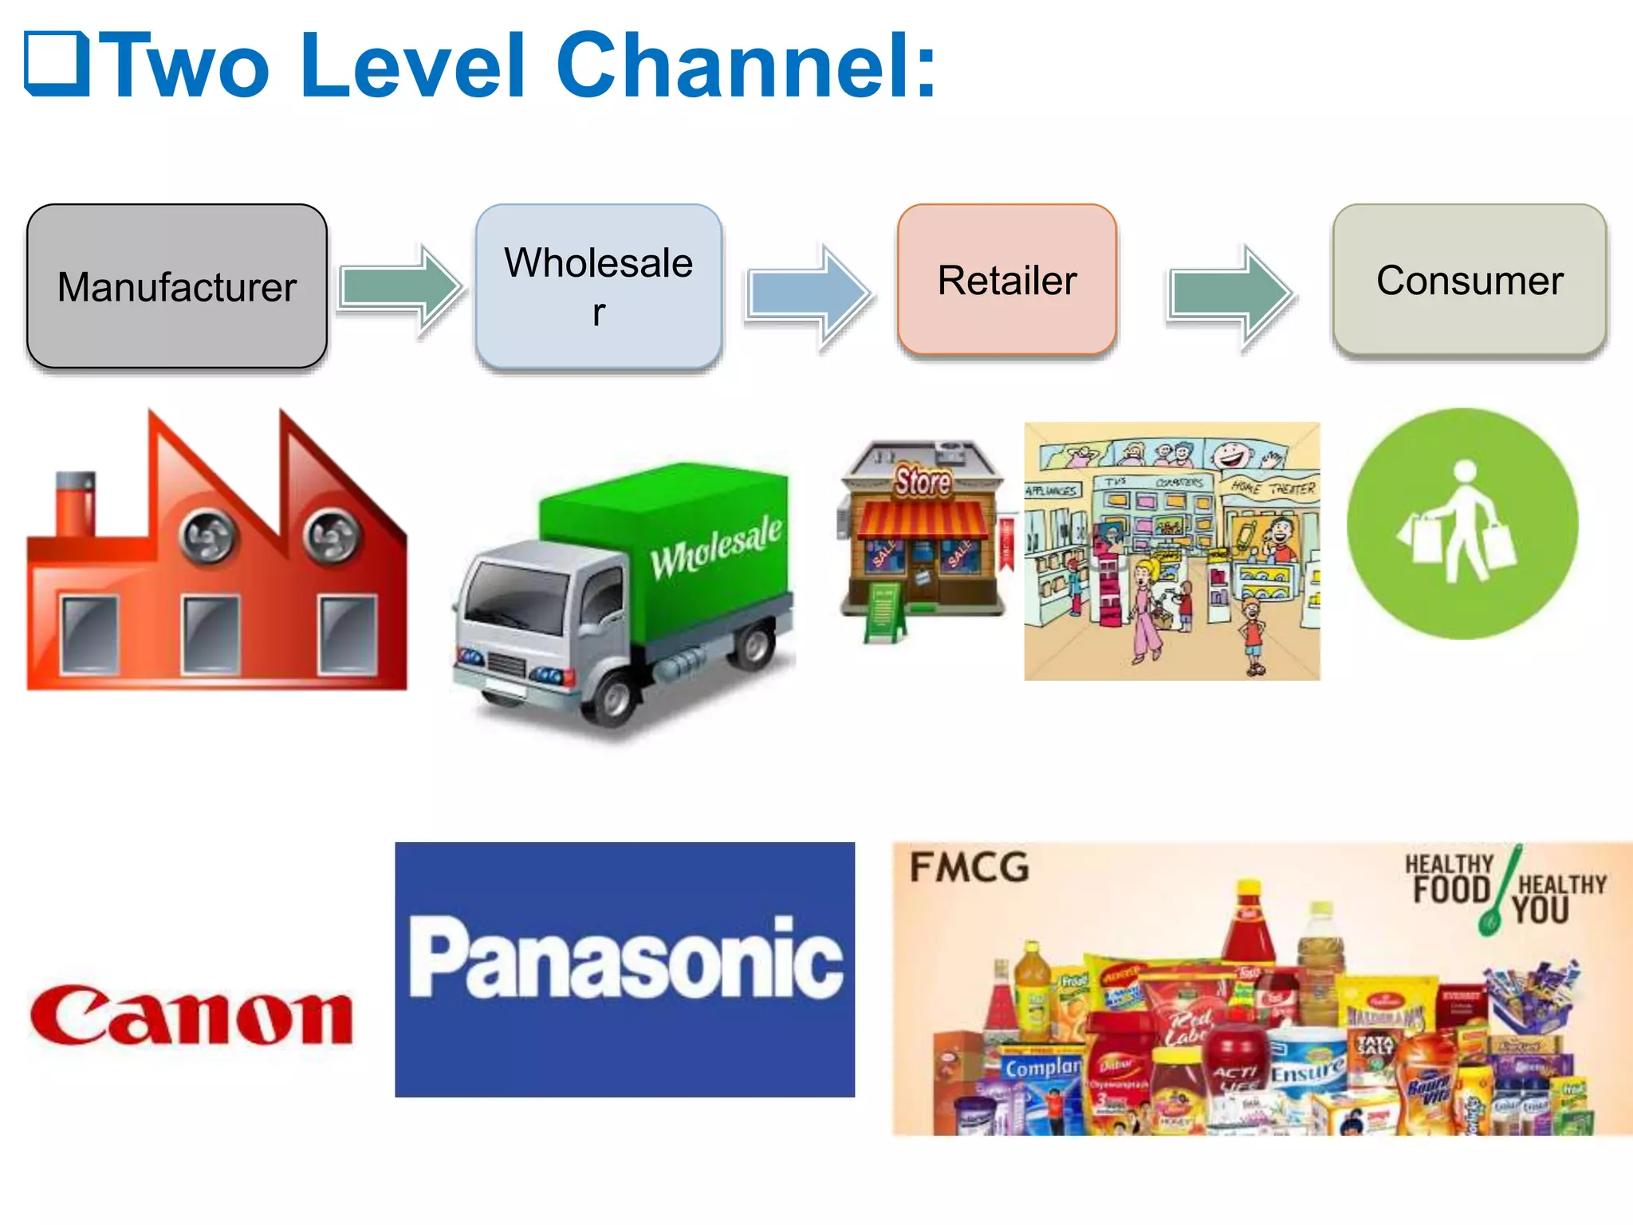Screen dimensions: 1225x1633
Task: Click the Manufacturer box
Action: (177, 286)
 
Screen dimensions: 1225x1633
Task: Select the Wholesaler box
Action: (599, 286)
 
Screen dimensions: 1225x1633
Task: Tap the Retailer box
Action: (1007, 280)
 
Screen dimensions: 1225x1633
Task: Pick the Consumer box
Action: (1470, 280)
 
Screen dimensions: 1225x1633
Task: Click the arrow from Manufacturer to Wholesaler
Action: (401, 288)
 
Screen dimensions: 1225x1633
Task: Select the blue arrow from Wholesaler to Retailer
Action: (809, 293)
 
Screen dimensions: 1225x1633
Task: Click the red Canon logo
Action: (191, 1014)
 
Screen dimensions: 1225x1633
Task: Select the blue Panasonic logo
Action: (625, 969)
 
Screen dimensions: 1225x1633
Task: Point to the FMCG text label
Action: (970, 868)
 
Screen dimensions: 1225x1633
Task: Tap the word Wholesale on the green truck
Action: (715, 546)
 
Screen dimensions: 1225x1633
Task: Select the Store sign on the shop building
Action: (923, 481)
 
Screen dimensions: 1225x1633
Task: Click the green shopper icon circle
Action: (1462, 524)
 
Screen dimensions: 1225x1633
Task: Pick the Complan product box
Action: (1041, 1069)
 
